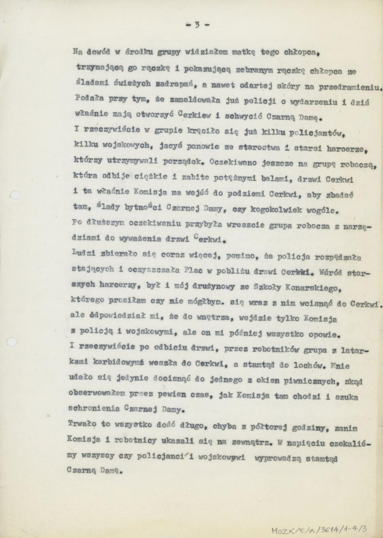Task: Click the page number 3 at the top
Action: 197,24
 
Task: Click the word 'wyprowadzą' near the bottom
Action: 281,459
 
